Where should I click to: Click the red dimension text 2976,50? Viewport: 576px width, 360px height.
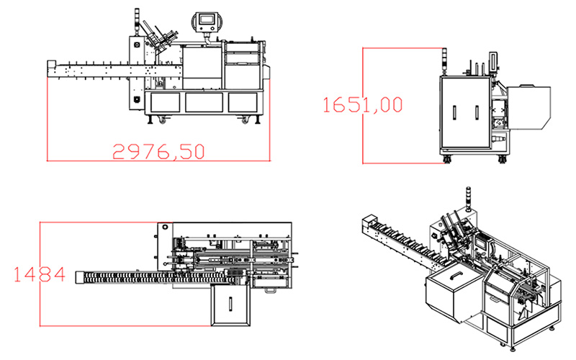tap(158, 151)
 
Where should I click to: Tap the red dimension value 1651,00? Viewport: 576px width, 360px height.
tap(363, 104)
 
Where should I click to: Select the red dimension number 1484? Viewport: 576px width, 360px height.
tap(40, 274)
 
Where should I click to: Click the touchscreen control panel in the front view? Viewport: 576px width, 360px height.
tap(207, 22)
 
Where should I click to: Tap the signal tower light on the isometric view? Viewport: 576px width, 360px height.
tap(469, 199)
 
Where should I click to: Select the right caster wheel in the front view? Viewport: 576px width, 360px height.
tap(245, 120)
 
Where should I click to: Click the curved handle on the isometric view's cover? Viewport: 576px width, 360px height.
tap(455, 274)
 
